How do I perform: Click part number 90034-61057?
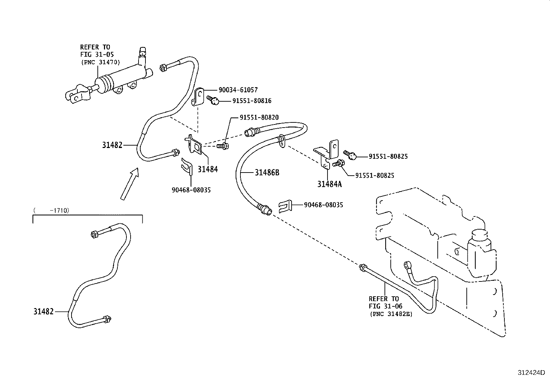238,90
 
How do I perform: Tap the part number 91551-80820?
259,118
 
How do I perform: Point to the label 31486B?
267,172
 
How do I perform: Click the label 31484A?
329,184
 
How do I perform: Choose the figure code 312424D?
531,373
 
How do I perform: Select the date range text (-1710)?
51,210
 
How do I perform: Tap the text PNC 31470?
100,62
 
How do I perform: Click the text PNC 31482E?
391,314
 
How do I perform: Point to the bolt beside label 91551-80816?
214,100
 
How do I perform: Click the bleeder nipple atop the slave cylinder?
142,54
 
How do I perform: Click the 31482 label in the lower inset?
44,312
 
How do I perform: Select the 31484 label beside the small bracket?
208,169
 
